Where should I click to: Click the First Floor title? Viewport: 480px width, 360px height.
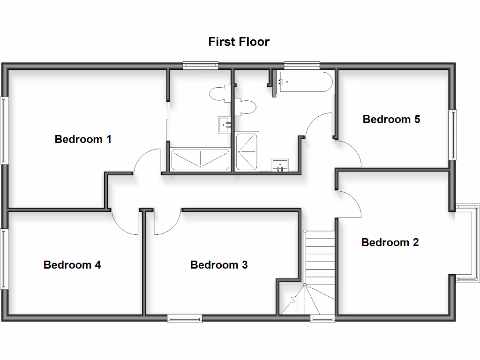[239, 42]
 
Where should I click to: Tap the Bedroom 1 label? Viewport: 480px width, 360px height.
[83, 139]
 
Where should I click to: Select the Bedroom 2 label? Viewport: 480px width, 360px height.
[390, 242]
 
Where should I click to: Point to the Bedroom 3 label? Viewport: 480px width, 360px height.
[219, 265]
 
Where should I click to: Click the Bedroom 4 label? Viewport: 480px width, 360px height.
[72, 265]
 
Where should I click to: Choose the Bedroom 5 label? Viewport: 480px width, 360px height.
[391, 119]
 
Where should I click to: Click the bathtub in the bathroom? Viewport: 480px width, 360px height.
[304, 82]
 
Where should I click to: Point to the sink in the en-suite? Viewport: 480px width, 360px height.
[225, 125]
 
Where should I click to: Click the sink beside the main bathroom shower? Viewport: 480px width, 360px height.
[280, 165]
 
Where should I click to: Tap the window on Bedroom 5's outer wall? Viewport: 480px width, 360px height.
[453, 135]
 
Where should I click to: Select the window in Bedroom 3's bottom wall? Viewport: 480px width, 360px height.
[185, 319]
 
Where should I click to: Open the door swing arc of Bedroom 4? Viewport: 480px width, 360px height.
[124, 223]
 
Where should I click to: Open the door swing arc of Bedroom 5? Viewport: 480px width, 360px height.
[349, 154]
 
